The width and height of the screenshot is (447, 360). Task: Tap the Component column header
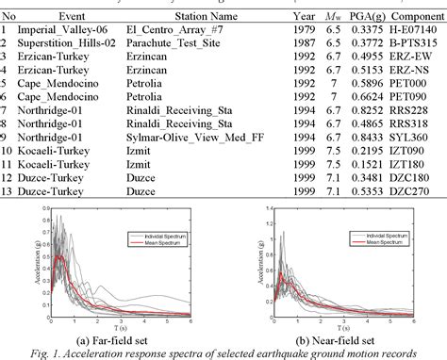(412, 16)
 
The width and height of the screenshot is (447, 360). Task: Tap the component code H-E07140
(412, 29)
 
